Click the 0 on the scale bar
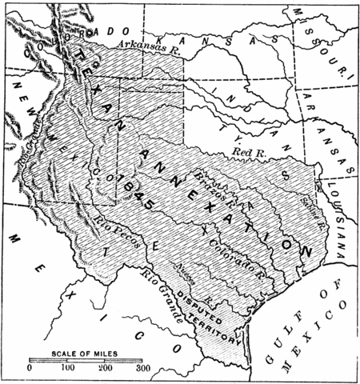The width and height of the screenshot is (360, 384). tap(30, 369)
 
